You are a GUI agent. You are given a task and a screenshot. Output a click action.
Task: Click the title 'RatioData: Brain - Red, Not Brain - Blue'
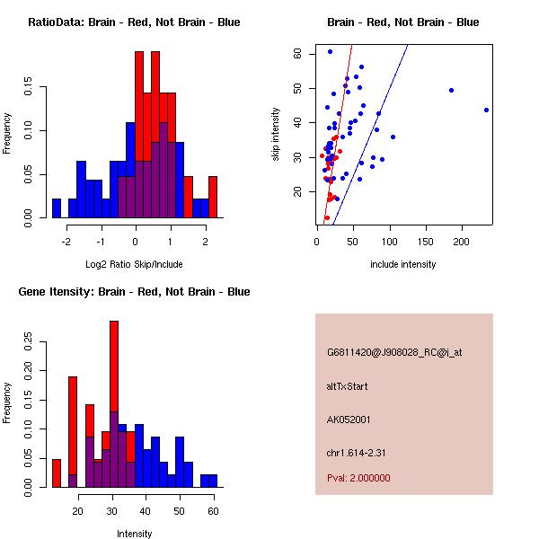[134, 22]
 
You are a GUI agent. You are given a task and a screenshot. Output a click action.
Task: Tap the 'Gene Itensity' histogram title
[134, 291]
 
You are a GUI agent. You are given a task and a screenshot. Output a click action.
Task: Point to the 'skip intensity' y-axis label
[276, 135]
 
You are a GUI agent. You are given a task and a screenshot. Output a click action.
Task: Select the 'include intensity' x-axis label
[403, 264]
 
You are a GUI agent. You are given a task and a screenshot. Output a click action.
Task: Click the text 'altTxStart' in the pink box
[347, 386]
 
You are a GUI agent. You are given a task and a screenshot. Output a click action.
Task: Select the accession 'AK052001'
[349, 419]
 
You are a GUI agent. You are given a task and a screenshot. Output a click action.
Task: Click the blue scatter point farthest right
[486, 110]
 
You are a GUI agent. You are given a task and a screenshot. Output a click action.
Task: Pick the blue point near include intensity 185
[451, 90]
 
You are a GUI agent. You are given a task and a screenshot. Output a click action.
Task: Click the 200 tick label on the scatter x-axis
[462, 241]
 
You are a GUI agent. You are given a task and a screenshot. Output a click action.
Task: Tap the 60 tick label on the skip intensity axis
[297, 53]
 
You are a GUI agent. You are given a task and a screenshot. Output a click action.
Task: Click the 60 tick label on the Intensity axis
[213, 510]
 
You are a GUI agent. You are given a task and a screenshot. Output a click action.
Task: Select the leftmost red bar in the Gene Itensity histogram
[56, 473]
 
